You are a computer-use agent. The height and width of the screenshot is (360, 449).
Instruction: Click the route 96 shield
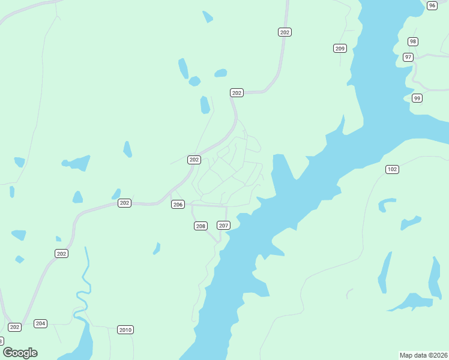coord(432,5)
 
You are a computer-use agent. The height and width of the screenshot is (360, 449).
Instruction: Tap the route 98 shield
coord(412,41)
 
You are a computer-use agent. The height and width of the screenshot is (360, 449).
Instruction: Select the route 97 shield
coord(408,57)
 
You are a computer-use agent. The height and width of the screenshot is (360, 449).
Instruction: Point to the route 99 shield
coord(417,98)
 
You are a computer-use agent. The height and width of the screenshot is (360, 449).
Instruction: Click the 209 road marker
coord(340,48)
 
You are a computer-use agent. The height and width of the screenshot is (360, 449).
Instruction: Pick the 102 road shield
coord(392,170)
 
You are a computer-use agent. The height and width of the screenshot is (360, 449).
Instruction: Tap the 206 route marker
coord(178,205)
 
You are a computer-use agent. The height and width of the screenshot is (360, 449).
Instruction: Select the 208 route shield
coord(200,226)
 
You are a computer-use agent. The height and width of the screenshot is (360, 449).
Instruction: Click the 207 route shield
coord(223,226)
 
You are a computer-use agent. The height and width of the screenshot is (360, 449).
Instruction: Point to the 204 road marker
coord(40,323)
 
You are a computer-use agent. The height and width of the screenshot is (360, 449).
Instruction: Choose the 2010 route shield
coord(125,330)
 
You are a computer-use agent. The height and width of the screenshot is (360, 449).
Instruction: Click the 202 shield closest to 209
coord(285,32)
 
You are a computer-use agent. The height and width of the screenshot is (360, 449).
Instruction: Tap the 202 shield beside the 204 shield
coord(15,327)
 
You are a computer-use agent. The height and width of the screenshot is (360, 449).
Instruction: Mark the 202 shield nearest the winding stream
coord(61,254)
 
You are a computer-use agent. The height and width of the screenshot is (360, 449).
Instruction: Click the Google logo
coord(20,353)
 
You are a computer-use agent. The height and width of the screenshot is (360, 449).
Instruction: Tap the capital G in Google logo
coord(8,353)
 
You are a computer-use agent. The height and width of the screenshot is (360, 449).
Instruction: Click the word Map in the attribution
coord(406,355)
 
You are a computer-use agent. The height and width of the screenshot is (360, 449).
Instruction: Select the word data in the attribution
coord(420,355)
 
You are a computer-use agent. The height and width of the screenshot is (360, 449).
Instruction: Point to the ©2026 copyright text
coord(438,355)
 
